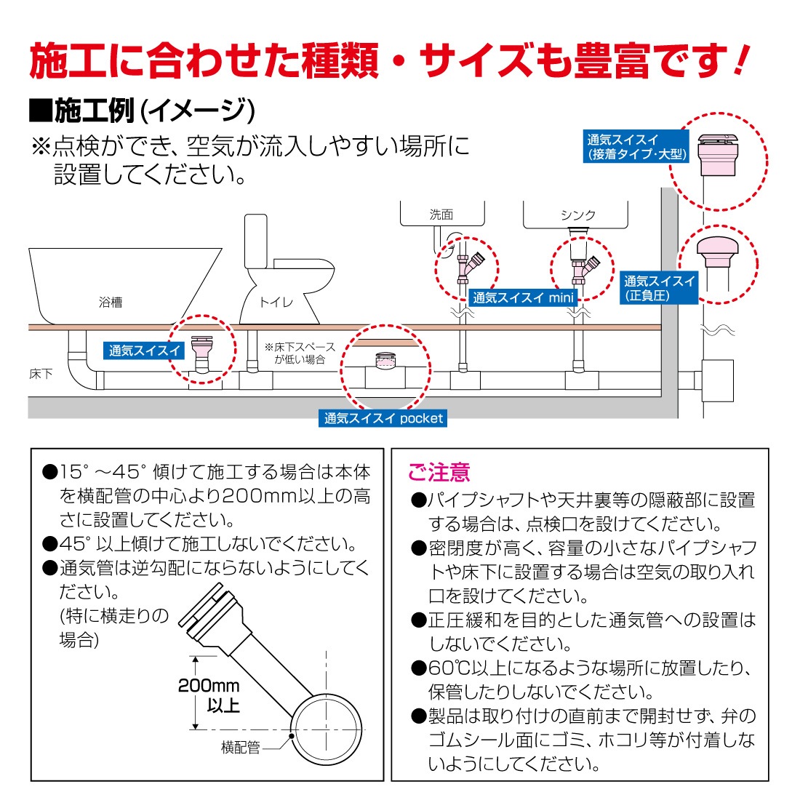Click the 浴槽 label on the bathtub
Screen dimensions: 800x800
pos(111,302)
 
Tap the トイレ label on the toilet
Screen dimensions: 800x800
pos(276,302)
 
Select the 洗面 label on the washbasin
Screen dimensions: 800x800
pos(441,215)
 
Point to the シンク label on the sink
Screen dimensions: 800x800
pos(578,215)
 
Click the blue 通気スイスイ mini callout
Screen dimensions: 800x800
pos(523,297)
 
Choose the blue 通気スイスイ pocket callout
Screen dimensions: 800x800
pos(383,418)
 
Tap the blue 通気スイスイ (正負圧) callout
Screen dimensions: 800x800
pos(659,288)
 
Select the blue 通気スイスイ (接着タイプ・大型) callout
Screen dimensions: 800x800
pos(636,147)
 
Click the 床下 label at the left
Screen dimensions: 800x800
pos(41,374)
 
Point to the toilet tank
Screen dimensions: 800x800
pos(256,242)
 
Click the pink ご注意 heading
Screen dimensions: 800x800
pos(439,473)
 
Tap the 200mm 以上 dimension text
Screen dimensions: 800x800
pos(209,695)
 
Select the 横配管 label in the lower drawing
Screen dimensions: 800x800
pos(240,748)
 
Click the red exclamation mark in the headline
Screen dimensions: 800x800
pos(740,60)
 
